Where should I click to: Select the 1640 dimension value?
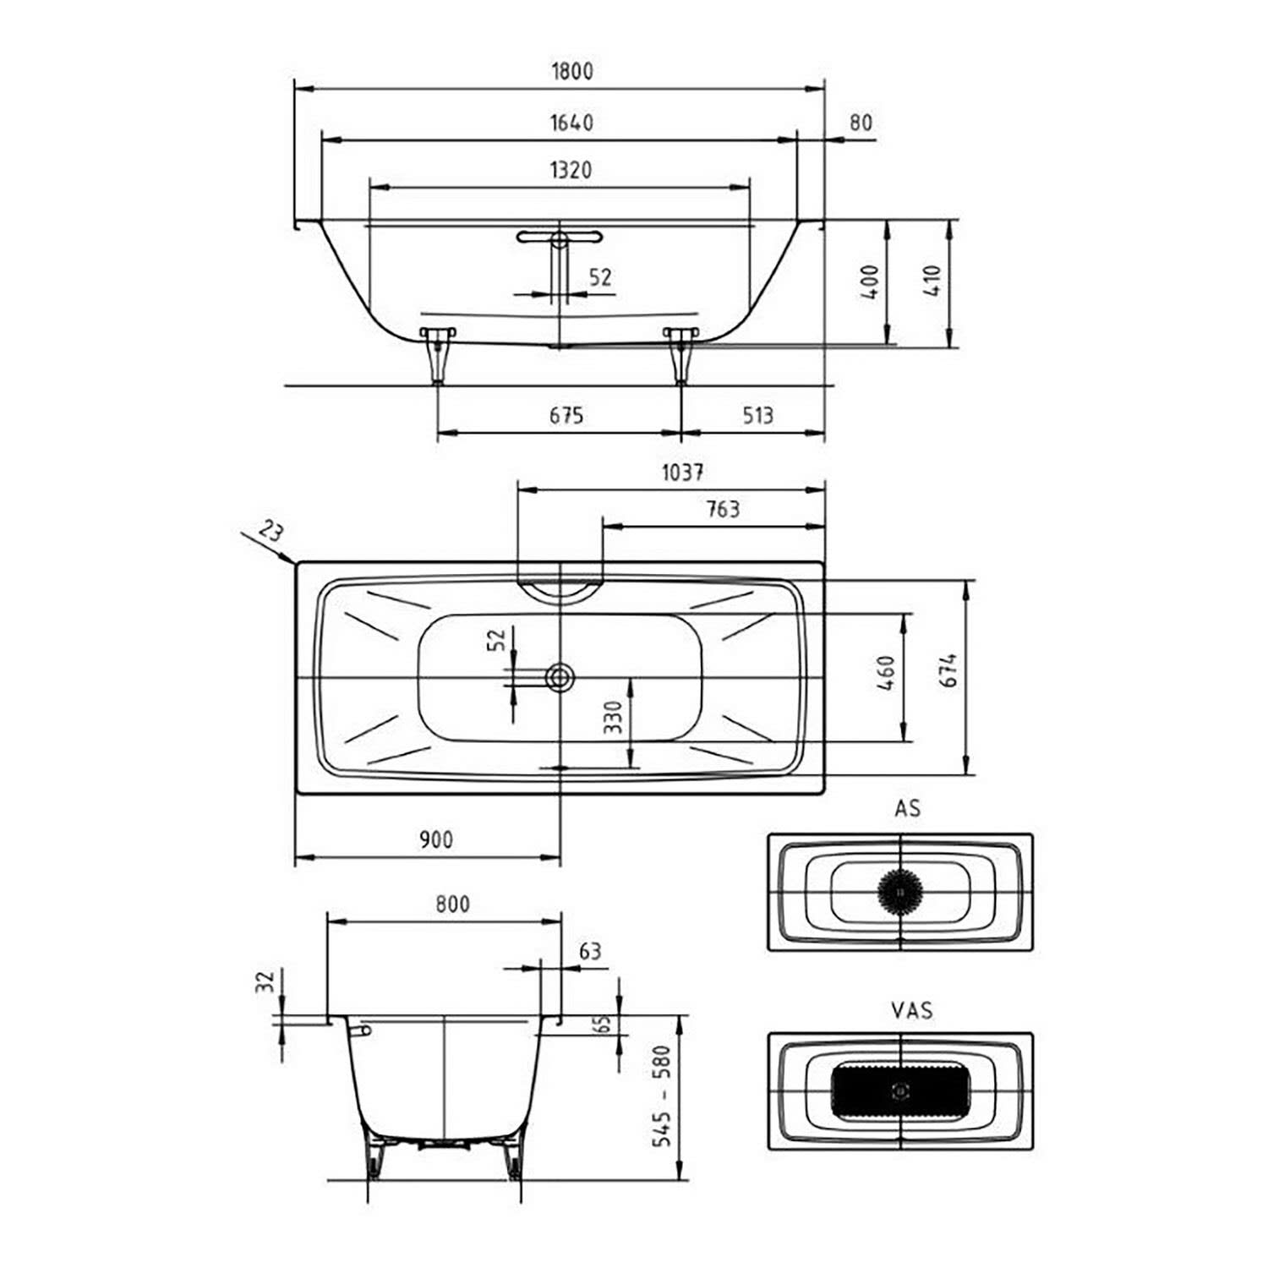(x=571, y=123)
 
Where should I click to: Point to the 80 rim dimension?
(x=860, y=123)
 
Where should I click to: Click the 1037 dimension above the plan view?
(x=682, y=472)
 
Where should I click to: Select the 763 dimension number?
(x=721, y=509)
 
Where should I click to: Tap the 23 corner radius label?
(x=271, y=532)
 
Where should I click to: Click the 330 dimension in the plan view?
(x=614, y=717)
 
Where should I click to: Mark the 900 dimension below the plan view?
(x=436, y=839)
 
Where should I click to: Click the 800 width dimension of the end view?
(x=453, y=904)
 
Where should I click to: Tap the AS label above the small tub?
(x=908, y=809)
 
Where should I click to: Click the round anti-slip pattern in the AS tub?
(x=900, y=890)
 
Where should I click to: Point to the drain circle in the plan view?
(x=560, y=676)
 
